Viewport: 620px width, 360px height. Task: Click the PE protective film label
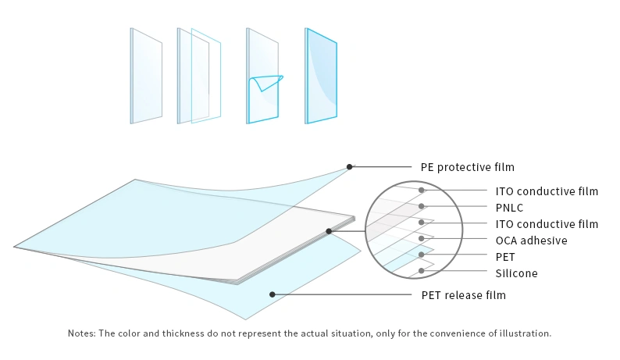tap(468, 167)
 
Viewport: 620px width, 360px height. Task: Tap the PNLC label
tap(509, 208)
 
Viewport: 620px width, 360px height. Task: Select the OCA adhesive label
tap(532, 241)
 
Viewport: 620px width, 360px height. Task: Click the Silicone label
tap(516, 273)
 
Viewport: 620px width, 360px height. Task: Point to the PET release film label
tap(463, 295)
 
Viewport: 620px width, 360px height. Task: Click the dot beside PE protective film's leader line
tap(349, 167)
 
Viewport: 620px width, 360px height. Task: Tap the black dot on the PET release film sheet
tap(272, 294)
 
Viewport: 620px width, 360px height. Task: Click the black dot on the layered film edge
tap(329, 231)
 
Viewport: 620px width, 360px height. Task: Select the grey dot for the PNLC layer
tap(422, 206)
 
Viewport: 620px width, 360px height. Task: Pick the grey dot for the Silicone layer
tap(422, 271)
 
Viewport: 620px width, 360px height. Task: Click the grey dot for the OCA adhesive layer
tap(422, 238)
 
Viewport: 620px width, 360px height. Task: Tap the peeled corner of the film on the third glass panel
tap(268, 82)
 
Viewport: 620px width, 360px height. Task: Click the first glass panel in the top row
tap(146, 76)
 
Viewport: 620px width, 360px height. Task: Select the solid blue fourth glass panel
tap(321, 76)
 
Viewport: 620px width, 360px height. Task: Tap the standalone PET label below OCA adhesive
tap(505, 257)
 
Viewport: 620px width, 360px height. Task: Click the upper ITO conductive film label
tap(547, 191)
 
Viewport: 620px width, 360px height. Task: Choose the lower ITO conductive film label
tap(547, 224)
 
